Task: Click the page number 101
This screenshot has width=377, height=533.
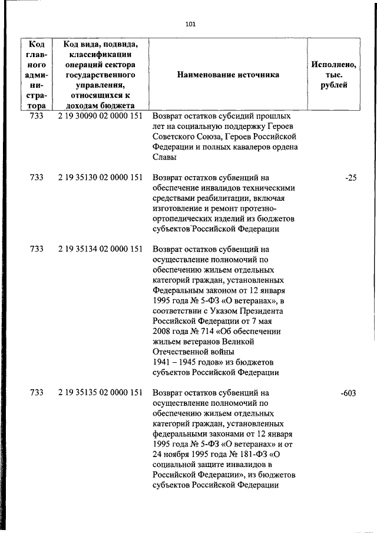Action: [x=190, y=24]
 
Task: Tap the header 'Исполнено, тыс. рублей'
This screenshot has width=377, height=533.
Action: [x=333, y=75]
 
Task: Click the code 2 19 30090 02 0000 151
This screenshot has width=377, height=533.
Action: [x=101, y=116]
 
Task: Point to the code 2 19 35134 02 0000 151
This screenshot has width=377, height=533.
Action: [x=101, y=249]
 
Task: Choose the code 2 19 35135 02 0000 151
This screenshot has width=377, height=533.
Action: [x=101, y=393]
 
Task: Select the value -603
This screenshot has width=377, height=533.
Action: [x=348, y=393]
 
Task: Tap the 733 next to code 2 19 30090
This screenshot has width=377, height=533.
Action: [x=37, y=116]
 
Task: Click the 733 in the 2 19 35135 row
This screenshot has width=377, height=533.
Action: [x=37, y=393]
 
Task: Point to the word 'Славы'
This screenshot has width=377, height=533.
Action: [x=164, y=157]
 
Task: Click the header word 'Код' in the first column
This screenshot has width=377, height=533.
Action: [x=37, y=44]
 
